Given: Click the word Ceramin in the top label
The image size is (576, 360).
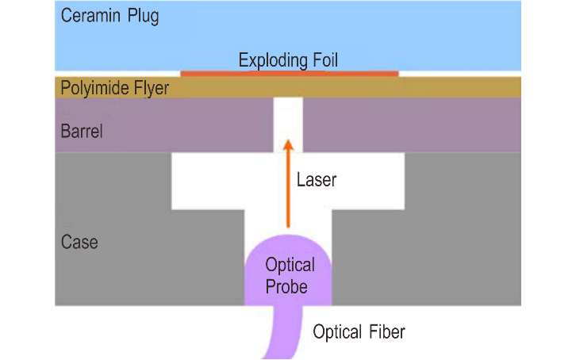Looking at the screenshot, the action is tap(90, 15).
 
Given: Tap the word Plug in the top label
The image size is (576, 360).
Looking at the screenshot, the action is tap(144, 17).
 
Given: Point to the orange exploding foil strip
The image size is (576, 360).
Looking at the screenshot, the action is tap(290, 74).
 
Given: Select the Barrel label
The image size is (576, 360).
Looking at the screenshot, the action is tap(82, 132).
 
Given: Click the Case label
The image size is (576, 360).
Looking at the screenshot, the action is tap(79, 242).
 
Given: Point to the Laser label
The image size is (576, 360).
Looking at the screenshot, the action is tap(317, 180).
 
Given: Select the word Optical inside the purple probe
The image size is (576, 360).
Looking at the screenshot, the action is tap(290, 265).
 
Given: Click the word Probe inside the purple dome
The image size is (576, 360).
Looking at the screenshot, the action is tap(286, 286).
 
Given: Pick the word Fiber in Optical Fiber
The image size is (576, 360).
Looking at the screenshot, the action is tap(387, 331).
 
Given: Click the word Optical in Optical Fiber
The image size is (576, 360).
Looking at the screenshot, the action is tap(337, 332).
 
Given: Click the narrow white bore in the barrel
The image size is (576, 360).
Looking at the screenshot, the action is tap(288, 124).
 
